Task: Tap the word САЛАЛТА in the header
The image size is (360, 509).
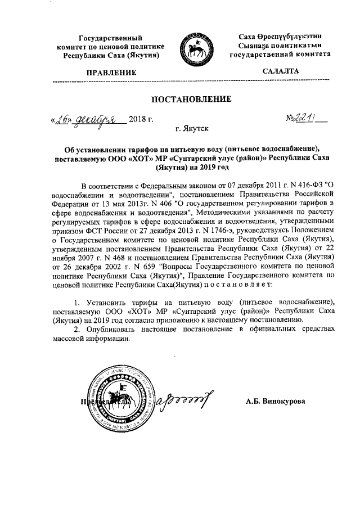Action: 281,72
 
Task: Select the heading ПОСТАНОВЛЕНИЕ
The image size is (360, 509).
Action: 192,100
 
